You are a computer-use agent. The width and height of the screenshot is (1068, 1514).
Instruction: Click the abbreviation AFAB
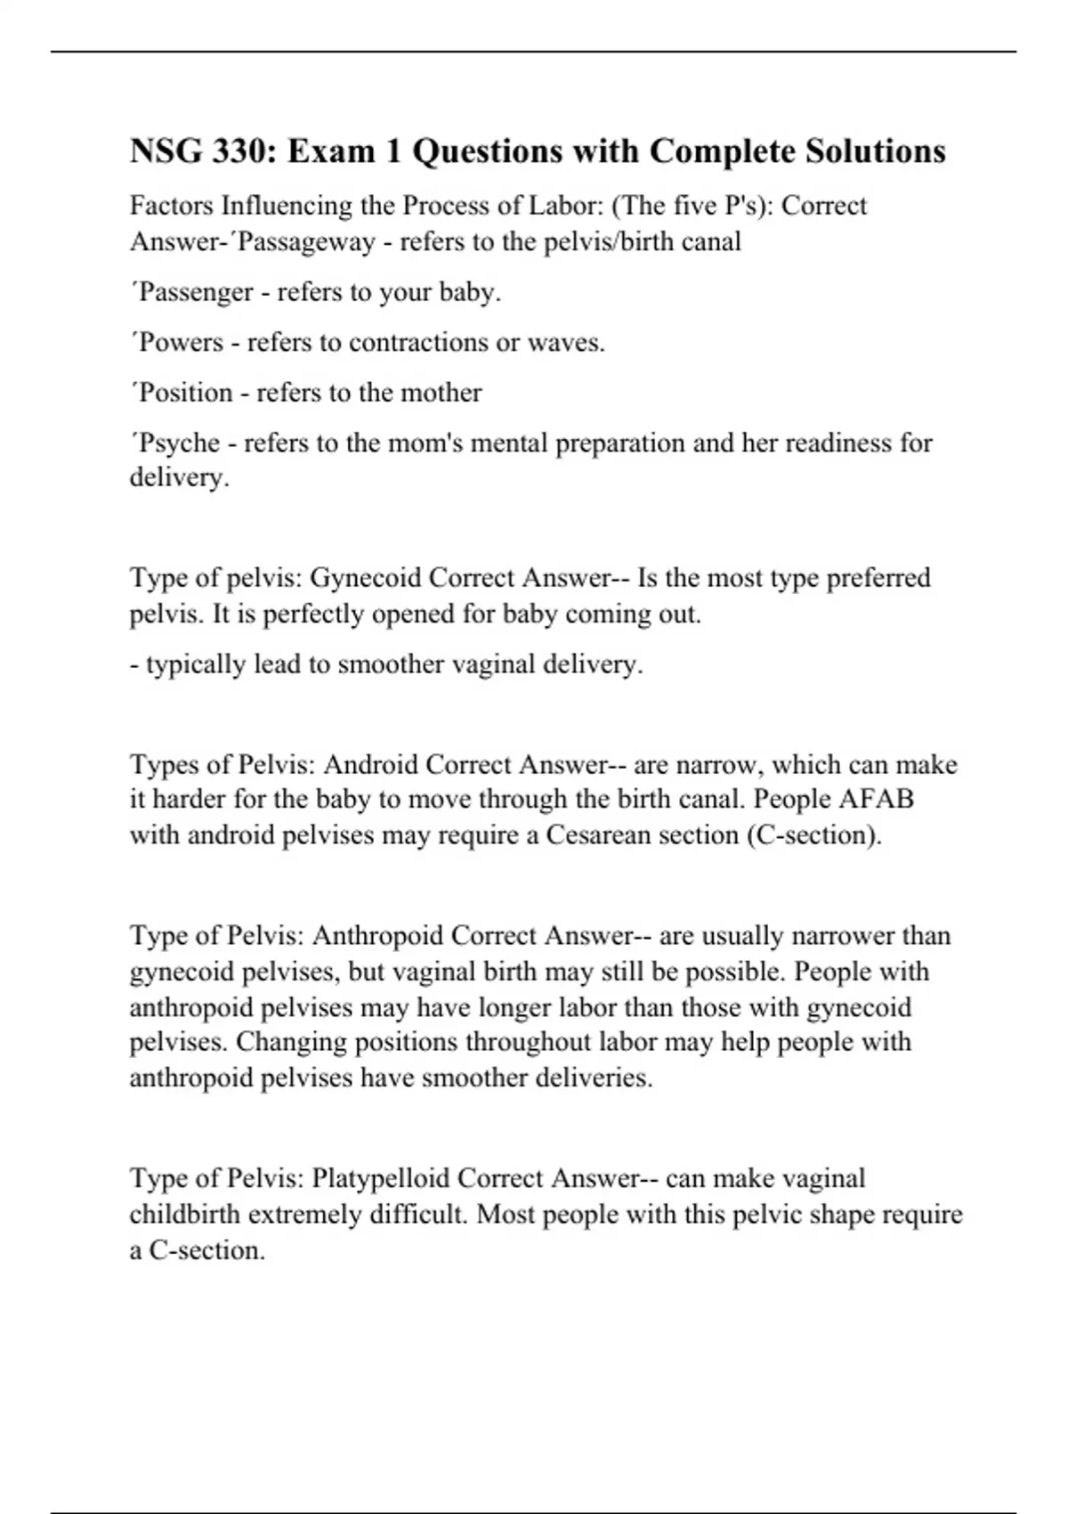(876, 799)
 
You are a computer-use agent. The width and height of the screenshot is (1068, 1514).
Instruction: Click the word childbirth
(185, 1215)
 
